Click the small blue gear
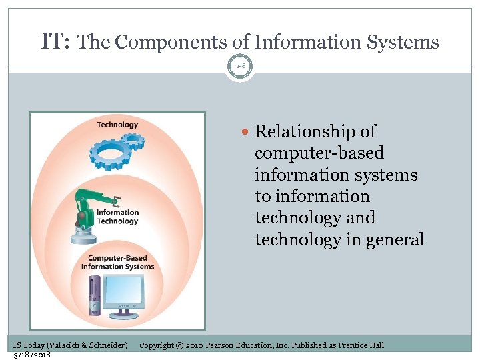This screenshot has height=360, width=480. (x=134, y=140)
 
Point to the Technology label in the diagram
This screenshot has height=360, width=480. (x=117, y=125)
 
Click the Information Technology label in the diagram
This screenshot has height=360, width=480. (x=117, y=217)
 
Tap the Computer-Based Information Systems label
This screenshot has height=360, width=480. (x=117, y=263)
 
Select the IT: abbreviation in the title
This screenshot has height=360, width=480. (x=55, y=41)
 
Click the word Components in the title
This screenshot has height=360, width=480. (x=172, y=43)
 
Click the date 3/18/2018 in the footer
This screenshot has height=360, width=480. (x=32, y=355)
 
